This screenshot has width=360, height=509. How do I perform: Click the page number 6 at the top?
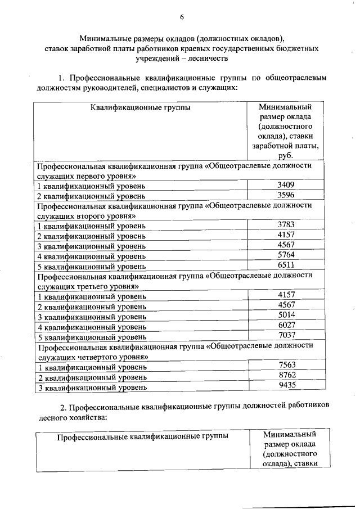click(182, 17)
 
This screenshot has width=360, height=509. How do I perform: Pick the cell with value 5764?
click(286, 255)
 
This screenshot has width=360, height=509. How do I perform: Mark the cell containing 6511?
click(286, 265)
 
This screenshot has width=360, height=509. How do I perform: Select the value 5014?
click(286, 316)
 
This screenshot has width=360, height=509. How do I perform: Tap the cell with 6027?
click(286, 326)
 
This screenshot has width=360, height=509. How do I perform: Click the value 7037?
click(286, 336)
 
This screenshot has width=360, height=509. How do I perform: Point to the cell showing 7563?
click(286, 366)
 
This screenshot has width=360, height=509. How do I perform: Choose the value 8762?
click(286, 376)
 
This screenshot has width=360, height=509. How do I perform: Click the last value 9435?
click(286, 386)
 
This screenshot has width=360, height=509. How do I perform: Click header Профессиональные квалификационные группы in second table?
click(143, 436)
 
